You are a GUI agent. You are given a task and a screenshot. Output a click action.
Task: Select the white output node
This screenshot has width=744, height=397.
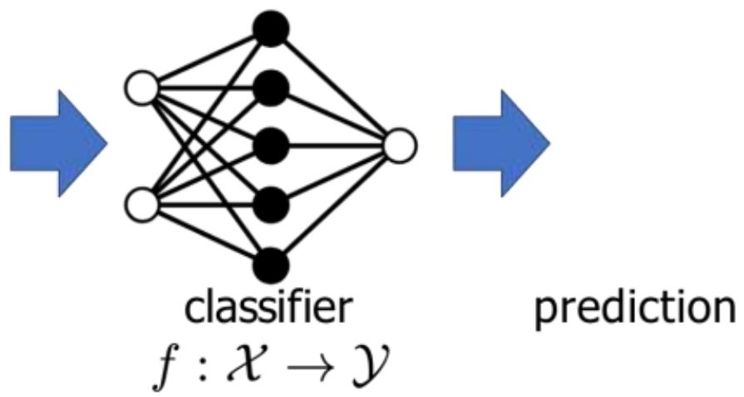[x=400, y=146]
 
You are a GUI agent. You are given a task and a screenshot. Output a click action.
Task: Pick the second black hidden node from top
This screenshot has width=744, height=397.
[x=272, y=86]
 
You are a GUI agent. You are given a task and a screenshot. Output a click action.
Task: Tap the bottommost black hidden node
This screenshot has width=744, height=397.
[x=272, y=264]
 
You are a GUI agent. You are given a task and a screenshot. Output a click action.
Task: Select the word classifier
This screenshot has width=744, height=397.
[x=269, y=310]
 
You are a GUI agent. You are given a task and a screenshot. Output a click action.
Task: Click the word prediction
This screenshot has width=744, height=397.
[x=633, y=310]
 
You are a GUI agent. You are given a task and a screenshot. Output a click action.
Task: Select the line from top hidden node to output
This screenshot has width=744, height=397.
[x=336, y=86]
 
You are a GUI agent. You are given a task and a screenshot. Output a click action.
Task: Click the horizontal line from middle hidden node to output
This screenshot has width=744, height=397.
[x=336, y=146]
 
